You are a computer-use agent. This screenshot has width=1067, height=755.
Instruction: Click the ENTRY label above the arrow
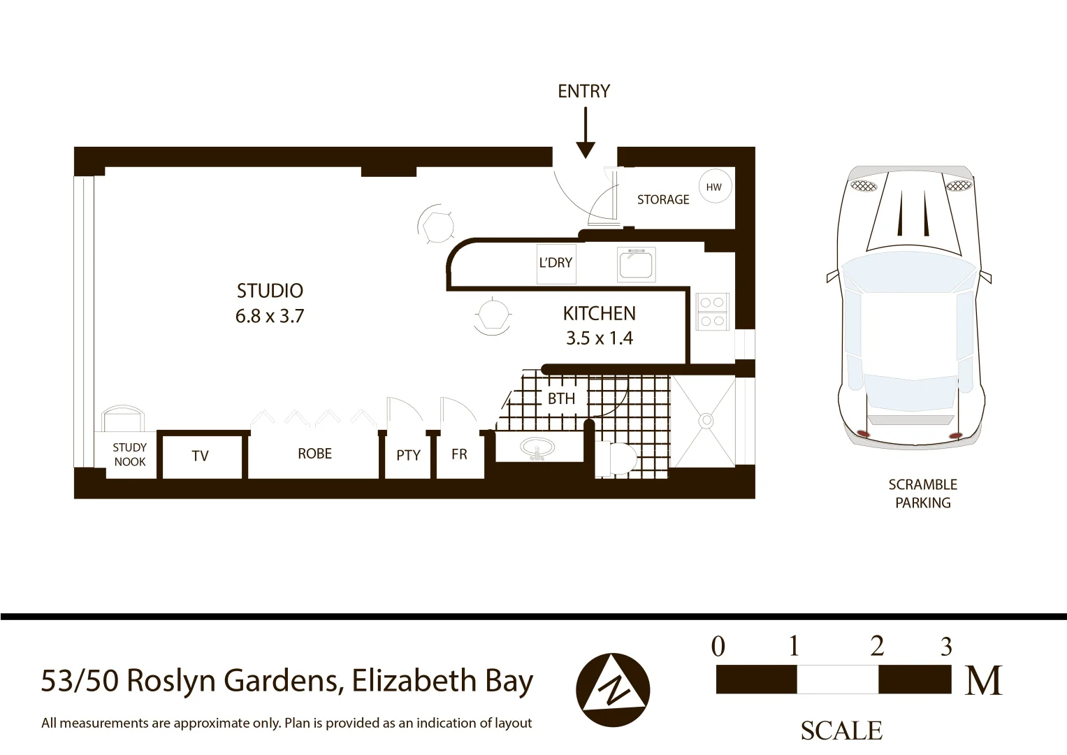(583, 91)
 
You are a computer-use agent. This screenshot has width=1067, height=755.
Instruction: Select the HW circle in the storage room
(713, 187)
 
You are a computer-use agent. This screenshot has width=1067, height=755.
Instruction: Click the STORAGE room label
(662, 199)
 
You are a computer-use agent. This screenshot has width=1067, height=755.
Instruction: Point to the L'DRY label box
(556, 263)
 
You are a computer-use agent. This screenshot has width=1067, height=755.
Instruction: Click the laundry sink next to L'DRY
(636, 264)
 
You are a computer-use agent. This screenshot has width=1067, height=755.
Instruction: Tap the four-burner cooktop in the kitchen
(711, 312)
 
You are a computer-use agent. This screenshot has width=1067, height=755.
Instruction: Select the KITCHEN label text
(599, 313)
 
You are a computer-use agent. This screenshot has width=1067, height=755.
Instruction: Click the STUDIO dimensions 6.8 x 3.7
(269, 316)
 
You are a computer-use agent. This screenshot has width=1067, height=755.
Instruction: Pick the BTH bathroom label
(561, 398)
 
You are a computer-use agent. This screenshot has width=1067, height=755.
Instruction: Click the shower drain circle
(706, 420)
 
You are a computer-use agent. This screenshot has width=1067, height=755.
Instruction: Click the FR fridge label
(459, 454)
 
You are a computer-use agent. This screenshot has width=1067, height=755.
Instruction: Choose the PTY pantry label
(408, 455)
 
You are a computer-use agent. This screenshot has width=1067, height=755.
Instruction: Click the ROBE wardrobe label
(314, 454)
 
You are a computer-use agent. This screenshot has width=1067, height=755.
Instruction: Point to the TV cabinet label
(200, 456)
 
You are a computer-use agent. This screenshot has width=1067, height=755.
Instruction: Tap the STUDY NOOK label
(130, 454)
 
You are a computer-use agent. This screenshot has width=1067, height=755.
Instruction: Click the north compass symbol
(612, 690)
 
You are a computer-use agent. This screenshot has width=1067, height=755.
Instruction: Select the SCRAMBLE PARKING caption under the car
(922, 494)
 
